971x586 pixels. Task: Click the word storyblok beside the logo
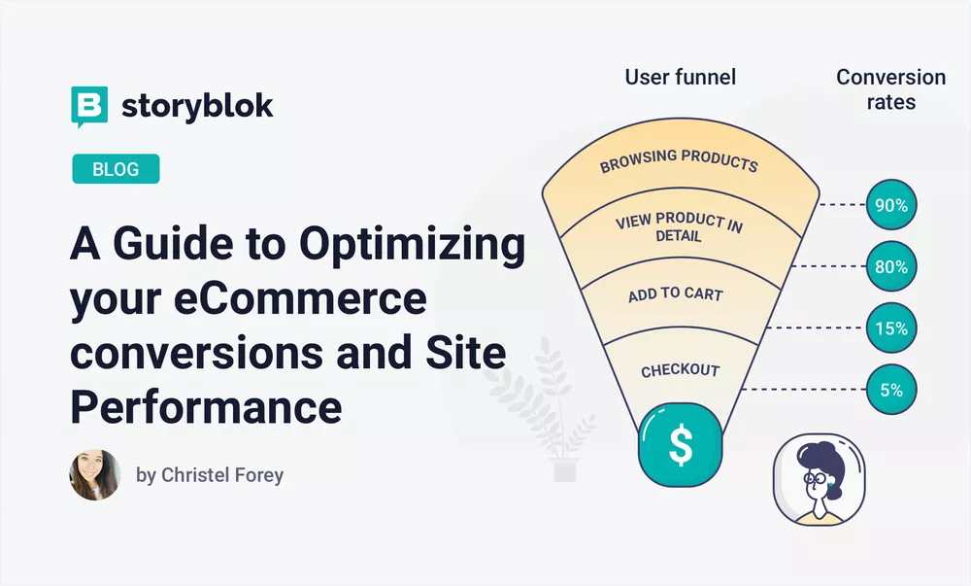click(x=197, y=106)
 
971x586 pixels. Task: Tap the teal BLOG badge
click(x=116, y=169)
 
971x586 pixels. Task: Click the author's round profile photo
click(x=95, y=475)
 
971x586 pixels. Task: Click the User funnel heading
click(x=680, y=78)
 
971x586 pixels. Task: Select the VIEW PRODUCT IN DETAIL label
click(x=679, y=227)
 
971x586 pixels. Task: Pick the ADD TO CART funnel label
click(x=675, y=293)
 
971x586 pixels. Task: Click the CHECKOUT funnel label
click(x=680, y=370)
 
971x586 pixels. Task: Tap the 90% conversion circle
click(x=890, y=205)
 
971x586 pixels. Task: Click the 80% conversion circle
click(x=890, y=266)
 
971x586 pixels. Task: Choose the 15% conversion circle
click(x=890, y=328)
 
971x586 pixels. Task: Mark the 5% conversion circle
click(x=890, y=390)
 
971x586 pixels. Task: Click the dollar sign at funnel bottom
click(x=681, y=445)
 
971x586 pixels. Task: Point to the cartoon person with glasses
click(x=815, y=479)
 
